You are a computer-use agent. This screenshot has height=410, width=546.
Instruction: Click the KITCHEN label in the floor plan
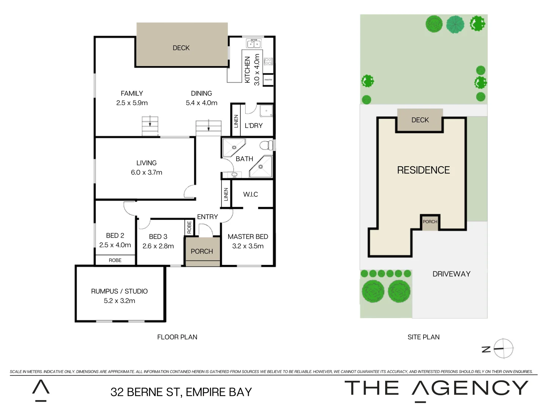pyautogui.click(x=248, y=70)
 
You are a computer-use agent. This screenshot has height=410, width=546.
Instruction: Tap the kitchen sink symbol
pyautogui.click(x=254, y=43)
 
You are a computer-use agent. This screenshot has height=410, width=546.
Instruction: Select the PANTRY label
pyautogui.click(x=268, y=80)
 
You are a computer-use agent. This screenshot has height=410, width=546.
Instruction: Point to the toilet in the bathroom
pyautogui.click(x=267, y=145)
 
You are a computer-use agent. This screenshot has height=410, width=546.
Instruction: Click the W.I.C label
pyautogui.click(x=250, y=194)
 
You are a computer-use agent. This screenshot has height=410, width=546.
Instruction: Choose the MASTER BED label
pyautogui.click(x=248, y=237)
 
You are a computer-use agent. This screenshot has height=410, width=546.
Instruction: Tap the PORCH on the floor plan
pyautogui.click(x=202, y=251)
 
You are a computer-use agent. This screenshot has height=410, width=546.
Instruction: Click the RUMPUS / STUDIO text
pyautogui.click(x=119, y=291)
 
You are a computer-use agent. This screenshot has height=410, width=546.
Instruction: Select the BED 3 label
pyautogui.click(x=158, y=237)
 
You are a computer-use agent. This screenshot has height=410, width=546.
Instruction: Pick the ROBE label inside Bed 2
pyautogui.click(x=115, y=260)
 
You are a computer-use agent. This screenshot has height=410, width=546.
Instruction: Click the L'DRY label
pyautogui.click(x=254, y=126)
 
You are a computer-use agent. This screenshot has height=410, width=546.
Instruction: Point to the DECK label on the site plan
pyautogui.click(x=420, y=120)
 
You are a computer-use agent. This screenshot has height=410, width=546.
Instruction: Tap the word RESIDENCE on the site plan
pyautogui.click(x=423, y=170)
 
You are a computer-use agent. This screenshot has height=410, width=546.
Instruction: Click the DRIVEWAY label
pyautogui.click(x=451, y=274)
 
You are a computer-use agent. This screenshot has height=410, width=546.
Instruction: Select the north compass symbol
pyautogui.click(x=503, y=348)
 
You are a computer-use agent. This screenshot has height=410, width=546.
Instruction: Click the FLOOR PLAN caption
pyautogui.click(x=177, y=337)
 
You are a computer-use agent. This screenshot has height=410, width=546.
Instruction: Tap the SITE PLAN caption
pyautogui.click(x=424, y=337)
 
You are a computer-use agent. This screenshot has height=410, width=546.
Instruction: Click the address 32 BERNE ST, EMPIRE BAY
pyautogui.click(x=181, y=392)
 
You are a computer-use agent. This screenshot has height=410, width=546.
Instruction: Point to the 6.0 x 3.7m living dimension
pyautogui.click(x=146, y=172)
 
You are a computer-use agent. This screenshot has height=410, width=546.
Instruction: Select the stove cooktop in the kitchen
pyautogui.click(x=268, y=61)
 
